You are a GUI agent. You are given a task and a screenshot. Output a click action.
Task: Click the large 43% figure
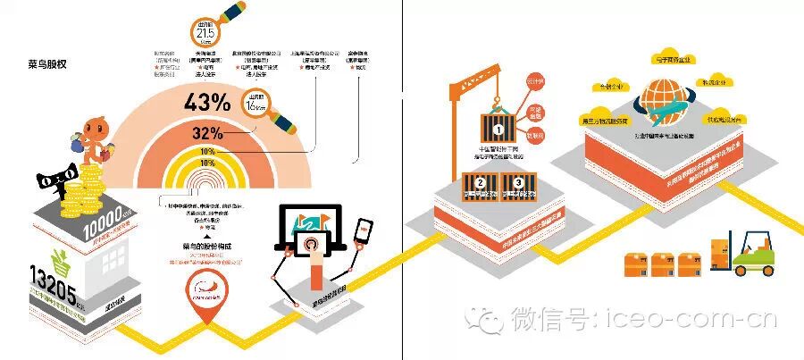pyautogui.click(x=207, y=102)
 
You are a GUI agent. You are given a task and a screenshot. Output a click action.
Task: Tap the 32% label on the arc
pyautogui.click(x=207, y=134)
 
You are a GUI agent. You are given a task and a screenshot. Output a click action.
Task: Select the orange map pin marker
pyautogui.click(x=205, y=290)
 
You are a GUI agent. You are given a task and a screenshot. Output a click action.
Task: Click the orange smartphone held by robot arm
pyautogui.click(x=364, y=231)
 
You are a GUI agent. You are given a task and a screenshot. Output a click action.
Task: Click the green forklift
pyautogui.click(x=750, y=253)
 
